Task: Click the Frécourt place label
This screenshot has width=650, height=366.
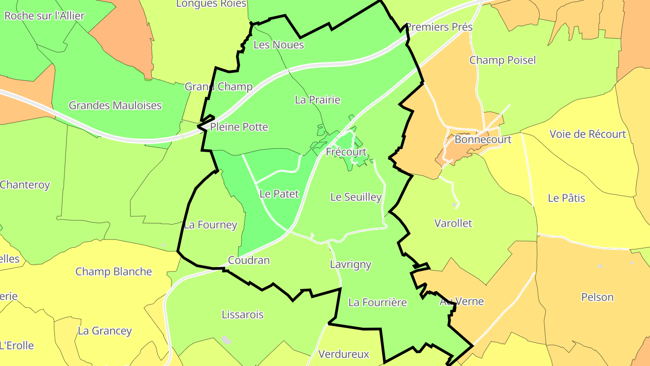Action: coord(346,152)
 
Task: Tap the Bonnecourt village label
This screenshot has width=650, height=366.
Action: coord(483,139)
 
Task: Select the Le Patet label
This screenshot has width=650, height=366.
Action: coord(279,194)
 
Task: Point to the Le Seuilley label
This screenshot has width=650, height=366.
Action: coord(356,197)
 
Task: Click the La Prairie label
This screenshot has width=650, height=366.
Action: coord(317,99)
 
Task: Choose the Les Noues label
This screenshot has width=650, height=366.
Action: coord(279,45)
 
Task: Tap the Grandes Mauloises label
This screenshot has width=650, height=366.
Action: coord(115,105)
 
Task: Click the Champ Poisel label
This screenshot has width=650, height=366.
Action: coord(502,60)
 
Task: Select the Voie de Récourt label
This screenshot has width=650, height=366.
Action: coord(588,134)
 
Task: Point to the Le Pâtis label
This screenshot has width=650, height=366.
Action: coord(566,198)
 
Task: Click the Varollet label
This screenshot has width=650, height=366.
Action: coord(453,223)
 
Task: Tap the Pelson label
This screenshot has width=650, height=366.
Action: coord(597,297)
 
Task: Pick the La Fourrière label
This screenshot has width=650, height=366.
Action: coord(378,302)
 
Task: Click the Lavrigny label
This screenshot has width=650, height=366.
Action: coord(351,264)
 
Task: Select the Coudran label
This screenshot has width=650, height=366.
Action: coord(249,260)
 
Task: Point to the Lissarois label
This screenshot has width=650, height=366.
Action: coord(242,314)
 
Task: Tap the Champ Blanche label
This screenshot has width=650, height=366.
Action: coord(113,272)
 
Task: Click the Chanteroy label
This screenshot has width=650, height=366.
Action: coord(25,184)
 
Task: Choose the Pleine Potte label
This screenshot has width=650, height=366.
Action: coord(239,127)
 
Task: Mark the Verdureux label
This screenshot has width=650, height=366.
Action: coord(344,354)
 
